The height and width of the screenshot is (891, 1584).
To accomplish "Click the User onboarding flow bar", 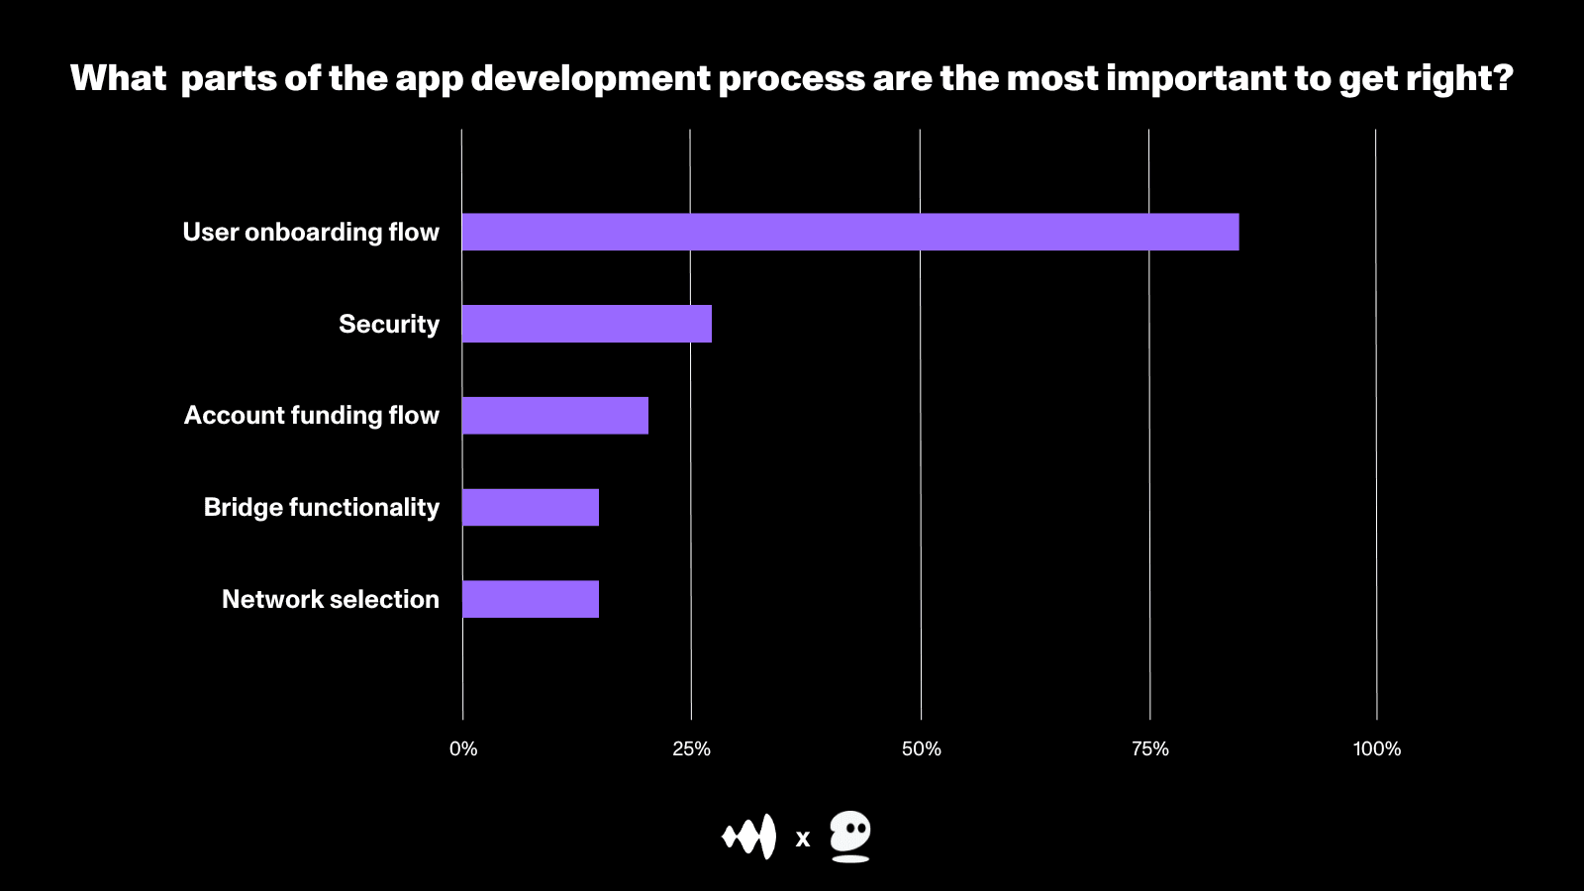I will point(849,232).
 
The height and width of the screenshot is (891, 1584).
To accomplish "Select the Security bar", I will point(586,324).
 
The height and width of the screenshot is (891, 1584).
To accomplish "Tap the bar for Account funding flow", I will point(554,416).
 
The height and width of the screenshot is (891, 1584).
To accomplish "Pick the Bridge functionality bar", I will point(530,507).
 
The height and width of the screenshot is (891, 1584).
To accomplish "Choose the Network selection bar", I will point(530,599).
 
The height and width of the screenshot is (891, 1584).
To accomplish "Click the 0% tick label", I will point(463,749).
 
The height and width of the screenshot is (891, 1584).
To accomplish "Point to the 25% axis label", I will point(691,749).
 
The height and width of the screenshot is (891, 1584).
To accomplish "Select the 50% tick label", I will point(921,749).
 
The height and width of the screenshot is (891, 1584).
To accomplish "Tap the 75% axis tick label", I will point(1149,749).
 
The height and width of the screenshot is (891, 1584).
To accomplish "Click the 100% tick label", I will point(1376,749).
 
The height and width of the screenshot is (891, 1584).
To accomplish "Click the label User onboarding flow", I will point(311,232).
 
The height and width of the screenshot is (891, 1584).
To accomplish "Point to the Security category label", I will point(389,324).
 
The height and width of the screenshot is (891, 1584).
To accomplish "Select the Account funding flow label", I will point(312,416).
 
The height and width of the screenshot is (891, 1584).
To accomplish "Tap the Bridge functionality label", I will point(322,507).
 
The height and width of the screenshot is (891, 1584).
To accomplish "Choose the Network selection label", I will point(331,599).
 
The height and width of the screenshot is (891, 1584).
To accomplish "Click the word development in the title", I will point(591,78).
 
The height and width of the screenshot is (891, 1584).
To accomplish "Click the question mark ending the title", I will point(1504,77).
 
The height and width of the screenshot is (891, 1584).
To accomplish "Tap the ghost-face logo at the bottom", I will point(849,837).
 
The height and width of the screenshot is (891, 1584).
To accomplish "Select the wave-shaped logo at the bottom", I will point(749,838).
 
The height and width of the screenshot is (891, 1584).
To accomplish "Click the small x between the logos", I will point(803,840).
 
